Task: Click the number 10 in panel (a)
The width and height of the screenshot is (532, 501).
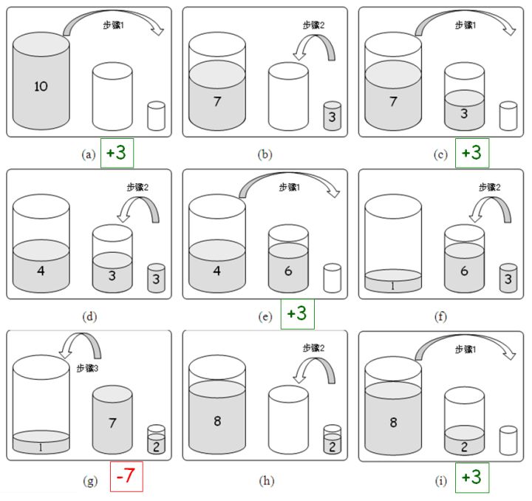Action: point(41,86)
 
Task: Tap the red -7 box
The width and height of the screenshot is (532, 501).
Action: point(126,476)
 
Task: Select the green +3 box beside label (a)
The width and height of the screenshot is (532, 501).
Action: point(117,153)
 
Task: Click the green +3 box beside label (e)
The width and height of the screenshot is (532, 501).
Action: point(298,314)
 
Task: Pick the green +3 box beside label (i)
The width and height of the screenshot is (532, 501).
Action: point(472,477)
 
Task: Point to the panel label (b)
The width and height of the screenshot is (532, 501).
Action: point(265,154)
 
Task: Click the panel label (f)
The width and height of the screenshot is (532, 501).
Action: point(440,317)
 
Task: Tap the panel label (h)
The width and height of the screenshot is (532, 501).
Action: point(266,480)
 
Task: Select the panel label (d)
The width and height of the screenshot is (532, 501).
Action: point(89,317)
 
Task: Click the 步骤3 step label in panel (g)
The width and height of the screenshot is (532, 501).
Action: point(87,368)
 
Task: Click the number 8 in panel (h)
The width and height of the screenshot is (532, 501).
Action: point(217,421)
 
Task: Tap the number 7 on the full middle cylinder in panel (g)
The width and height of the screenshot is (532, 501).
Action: point(112,423)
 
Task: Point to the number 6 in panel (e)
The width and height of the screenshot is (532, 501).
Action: point(288,270)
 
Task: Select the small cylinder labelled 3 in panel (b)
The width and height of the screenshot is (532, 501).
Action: point(332,116)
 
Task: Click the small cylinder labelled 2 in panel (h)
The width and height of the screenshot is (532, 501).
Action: point(332,439)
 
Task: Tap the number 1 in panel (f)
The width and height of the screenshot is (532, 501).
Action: point(393,286)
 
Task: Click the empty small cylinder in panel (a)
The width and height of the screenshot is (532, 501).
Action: point(156,116)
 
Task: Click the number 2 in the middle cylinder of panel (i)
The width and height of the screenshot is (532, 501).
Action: point(464,447)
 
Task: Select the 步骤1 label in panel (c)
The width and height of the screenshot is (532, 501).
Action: point(465,25)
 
